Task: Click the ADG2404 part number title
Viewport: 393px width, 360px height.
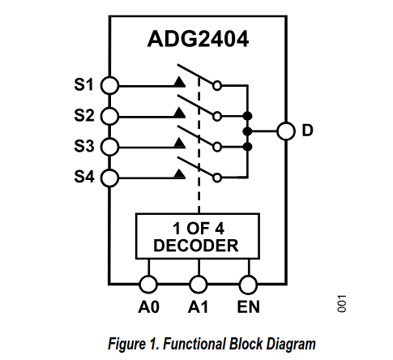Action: pyautogui.click(x=198, y=39)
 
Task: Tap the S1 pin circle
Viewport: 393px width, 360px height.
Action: pyautogui.click(x=109, y=85)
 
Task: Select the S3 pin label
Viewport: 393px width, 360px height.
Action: pyautogui.click(x=84, y=146)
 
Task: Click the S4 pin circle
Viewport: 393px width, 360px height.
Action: pyautogui.click(x=109, y=178)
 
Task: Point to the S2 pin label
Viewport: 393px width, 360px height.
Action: pyautogui.click(x=84, y=115)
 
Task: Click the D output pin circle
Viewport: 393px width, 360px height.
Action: pyautogui.click(x=286, y=131)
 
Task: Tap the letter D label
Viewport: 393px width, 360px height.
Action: pyautogui.click(x=307, y=131)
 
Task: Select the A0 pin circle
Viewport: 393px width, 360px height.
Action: pyautogui.click(x=148, y=285)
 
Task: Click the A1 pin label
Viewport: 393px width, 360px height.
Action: pyautogui.click(x=198, y=307)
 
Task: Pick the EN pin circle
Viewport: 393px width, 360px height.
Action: pyautogui.click(x=248, y=285)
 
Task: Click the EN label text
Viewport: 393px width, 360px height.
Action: pyautogui.click(x=248, y=307)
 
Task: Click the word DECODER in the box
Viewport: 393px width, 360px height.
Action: pyautogui.click(x=196, y=246)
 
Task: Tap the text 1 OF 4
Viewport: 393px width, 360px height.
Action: pyautogui.click(x=199, y=229)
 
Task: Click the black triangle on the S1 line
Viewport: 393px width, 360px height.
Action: pyautogui.click(x=179, y=82)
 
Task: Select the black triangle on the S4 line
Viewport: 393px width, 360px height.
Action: pyautogui.click(x=179, y=174)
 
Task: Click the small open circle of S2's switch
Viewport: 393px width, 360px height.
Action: pyautogui.click(x=217, y=117)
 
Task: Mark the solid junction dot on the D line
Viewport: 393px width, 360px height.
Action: pyautogui.click(x=247, y=131)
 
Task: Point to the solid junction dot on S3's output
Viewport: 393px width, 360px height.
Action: pyautogui.click(x=247, y=147)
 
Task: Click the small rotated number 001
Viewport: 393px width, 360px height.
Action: pyautogui.click(x=342, y=304)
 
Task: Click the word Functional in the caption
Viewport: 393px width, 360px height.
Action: pyautogui.click(x=194, y=344)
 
